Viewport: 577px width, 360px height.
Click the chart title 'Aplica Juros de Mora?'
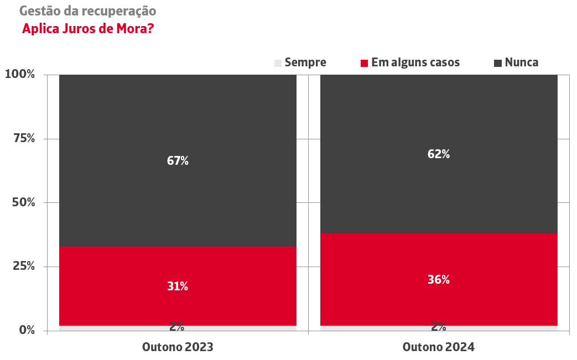(87, 29)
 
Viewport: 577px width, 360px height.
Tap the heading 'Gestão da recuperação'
(87, 11)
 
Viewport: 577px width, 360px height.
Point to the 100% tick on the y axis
(20, 74)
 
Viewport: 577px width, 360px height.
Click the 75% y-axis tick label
(24, 138)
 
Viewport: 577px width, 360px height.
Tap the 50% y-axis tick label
(24, 202)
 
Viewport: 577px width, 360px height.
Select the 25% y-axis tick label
(24, 267)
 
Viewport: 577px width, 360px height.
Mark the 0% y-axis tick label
(27, 330)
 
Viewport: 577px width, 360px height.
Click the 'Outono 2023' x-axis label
(178, 347)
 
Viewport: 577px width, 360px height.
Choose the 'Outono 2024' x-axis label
(438, 347)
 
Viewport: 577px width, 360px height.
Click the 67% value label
(178, 161)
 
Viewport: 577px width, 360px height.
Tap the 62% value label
(439, 154)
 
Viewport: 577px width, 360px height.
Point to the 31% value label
(178, 286)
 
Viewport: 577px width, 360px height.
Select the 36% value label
(439, 280)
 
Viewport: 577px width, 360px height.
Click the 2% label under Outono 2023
(177, 327)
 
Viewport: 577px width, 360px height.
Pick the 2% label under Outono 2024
(439, 327)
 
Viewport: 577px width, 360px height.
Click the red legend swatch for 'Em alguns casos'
(364, 63)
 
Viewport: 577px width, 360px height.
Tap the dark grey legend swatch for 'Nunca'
(498, 63)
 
